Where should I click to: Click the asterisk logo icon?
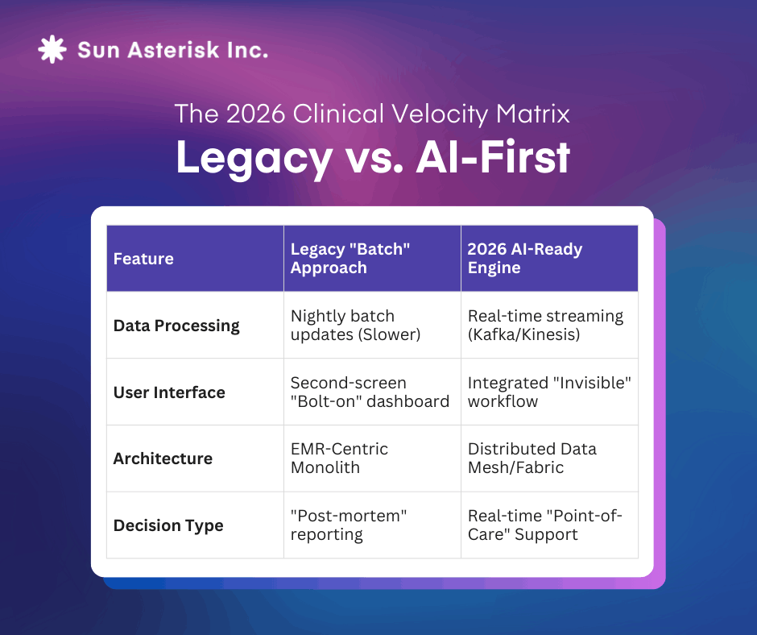52,49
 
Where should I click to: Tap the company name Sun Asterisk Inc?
173,50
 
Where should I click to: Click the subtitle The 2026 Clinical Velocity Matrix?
372,114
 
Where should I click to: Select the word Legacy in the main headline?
254,159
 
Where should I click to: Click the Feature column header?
143,259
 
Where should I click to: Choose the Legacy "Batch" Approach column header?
350,258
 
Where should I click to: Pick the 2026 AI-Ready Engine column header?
525,258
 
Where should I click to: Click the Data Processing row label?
176,326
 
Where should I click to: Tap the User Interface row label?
169,392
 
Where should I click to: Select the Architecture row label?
163,459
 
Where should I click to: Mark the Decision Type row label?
168,525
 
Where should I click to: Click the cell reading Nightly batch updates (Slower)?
355,326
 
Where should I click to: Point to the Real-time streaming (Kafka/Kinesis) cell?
545,326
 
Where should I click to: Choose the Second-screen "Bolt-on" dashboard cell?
370,392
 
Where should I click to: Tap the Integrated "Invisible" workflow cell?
549,392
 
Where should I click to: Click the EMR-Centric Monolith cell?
339,459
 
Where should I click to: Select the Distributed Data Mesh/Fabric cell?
532,459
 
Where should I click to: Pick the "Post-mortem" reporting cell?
349,525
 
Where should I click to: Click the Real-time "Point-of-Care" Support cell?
545,525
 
